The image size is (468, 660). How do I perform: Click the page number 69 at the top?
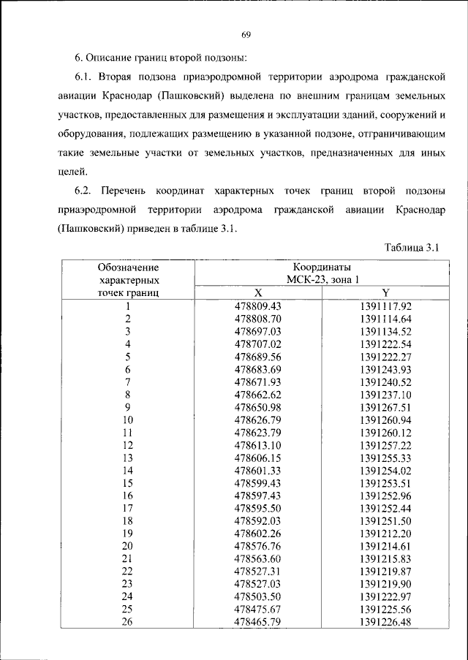246,34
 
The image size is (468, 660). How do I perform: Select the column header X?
257,292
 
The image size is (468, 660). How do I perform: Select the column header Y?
386,292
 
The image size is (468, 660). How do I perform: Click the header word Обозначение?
128,268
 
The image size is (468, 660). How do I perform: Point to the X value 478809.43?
257,306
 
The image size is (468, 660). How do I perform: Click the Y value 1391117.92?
386,306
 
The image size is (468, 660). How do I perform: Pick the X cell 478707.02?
257,344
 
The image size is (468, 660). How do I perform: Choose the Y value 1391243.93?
386,370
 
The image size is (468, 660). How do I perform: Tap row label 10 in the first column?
128,420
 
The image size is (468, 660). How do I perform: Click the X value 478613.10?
257,445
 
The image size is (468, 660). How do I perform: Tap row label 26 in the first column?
128,622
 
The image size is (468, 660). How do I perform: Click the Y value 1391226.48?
386,622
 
